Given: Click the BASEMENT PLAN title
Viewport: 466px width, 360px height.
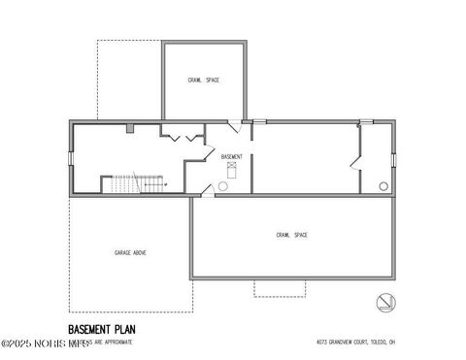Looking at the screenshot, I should (x=102, y=330).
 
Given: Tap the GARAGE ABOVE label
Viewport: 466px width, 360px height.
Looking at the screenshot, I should (x=130, y=252).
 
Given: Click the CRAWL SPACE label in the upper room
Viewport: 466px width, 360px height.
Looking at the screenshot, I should (x=203, y=80).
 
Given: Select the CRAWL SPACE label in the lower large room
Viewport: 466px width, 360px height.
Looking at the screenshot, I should (x=291, y=235).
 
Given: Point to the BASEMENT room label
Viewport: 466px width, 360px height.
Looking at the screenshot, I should (x=231, y=156).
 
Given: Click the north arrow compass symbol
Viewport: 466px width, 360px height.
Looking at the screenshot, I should (x=385, y=302).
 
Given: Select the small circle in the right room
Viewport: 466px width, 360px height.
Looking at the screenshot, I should (x=383, y=185).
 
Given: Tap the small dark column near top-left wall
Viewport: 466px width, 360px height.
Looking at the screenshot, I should (x=130, y=126).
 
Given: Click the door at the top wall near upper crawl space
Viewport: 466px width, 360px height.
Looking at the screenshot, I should (x=236, y=125).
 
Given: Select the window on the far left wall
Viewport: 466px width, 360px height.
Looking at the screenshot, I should (x=69, y=157).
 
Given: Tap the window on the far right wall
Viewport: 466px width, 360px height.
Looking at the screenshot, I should (x=395, y=158).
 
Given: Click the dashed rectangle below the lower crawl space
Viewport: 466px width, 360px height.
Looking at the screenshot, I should (x=281, y=288).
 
